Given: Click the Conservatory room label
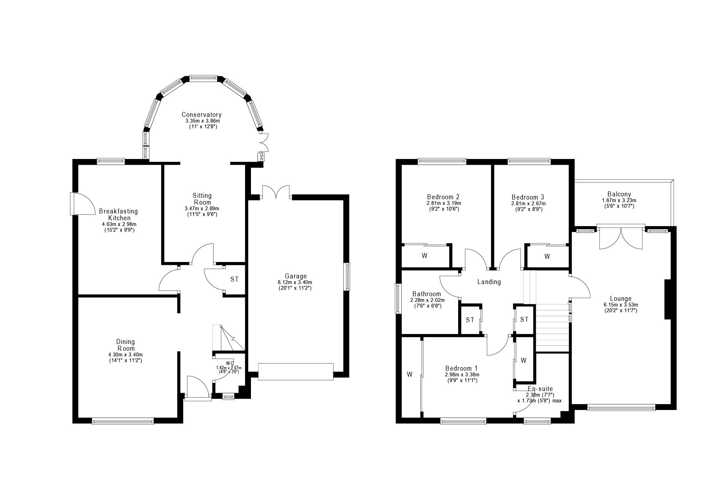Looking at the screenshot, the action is tap(201, 115).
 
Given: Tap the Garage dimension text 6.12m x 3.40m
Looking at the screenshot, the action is tap(295, 282).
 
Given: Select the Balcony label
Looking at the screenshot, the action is tap(619, 194).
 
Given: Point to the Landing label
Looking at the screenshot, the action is tap(489, 282).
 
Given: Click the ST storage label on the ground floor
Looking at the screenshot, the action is tap(234, 279).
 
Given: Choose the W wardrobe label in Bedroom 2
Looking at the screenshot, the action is tap(425, 256).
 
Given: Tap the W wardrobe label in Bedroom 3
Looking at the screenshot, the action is tap(547, 256).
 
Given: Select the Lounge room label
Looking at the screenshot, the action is tap(621, 299).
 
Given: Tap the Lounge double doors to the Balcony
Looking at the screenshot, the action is tap(621, 237).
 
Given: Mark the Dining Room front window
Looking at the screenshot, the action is tap(123, 421).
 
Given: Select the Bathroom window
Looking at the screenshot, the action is tap(397, 298).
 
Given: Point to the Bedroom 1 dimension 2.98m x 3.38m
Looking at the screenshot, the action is tap(462, 375).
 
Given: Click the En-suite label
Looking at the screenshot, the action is tap(540, 389).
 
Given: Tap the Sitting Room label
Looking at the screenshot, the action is tap(202, 199).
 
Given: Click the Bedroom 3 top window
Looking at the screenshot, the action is tap(529, 161).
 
